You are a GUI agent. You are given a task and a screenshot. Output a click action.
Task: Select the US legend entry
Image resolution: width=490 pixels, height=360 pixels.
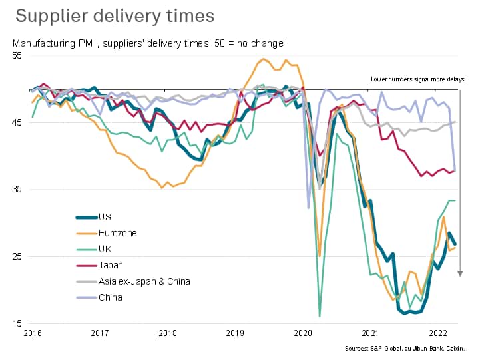click(105, 217)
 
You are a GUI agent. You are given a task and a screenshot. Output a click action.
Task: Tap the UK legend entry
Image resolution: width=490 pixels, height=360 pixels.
click(105, 249)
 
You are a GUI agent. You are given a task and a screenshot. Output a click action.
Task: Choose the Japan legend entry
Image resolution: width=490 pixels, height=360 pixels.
click(110, 265)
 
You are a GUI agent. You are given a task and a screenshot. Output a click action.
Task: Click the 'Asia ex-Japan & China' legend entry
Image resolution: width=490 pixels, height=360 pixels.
click(144, 281)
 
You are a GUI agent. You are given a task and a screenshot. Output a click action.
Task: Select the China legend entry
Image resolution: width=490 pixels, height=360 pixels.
click(110, 297)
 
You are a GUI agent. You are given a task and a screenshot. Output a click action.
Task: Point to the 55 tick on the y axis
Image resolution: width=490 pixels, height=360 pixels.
click(17, 56)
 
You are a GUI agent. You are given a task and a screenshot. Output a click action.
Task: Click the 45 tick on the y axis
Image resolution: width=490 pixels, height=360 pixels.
click(17, 122)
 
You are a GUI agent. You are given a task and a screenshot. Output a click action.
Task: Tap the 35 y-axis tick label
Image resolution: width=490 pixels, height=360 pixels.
click(17, 190)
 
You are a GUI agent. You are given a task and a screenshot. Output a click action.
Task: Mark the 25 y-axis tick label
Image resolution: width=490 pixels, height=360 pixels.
click(17, 257)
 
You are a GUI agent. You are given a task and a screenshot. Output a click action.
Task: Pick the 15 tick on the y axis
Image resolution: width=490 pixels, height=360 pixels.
click(17, 324)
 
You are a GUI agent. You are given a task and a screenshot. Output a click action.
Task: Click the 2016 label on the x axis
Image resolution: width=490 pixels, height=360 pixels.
click(31, 333)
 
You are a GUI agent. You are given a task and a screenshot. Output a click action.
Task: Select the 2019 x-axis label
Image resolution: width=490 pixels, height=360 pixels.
click(235, 333)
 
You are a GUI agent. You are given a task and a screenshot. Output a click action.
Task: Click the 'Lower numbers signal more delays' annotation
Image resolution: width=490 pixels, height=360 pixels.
click(417, 79)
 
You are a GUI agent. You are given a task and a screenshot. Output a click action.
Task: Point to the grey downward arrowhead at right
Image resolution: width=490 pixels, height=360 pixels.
click(459, 273)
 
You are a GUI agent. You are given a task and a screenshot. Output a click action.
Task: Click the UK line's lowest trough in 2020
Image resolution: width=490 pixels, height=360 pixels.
click(320, 316)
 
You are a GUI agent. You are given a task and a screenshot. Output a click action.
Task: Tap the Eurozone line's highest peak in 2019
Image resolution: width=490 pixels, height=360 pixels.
click(263, 59)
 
